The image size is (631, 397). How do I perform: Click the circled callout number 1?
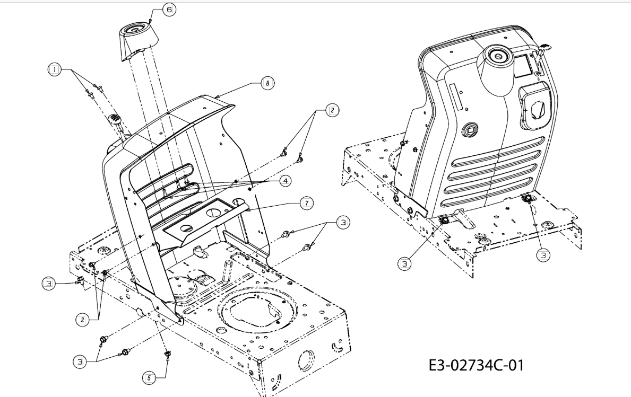coord(54,69)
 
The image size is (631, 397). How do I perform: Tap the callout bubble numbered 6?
coord(169,9)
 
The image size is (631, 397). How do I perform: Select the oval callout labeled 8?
coord(267,83)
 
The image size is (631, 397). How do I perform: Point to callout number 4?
coord(285,181)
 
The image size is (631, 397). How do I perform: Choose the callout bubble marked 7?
coord(306,203)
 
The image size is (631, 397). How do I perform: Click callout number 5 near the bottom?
coord(149,378)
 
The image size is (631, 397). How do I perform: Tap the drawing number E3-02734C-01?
coord(476,366)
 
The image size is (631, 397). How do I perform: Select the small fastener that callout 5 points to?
coord(167,353)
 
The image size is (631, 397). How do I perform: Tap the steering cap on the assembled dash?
coord(496,70)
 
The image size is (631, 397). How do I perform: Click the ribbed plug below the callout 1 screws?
coord(115,118)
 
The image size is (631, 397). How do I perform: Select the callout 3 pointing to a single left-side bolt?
coord(48,283)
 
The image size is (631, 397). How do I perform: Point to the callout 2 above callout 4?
coord(332,110)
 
